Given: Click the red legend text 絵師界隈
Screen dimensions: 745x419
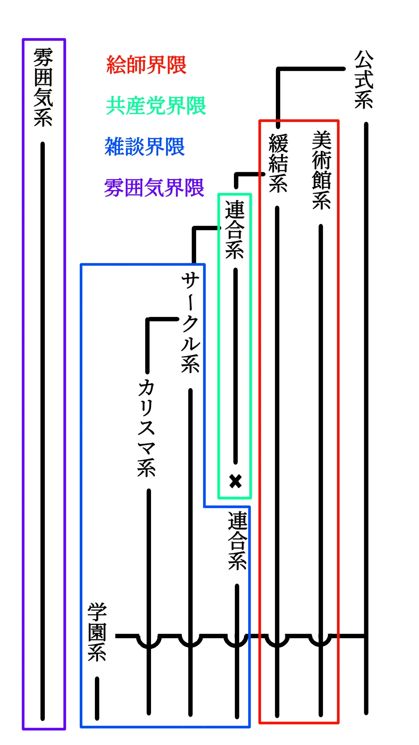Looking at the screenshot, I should [146, 65].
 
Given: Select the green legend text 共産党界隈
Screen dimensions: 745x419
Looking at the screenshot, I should [156, 106].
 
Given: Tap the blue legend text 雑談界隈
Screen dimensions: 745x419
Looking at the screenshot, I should [144, 147].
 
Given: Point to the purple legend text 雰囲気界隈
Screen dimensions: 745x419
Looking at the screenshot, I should [154, 188].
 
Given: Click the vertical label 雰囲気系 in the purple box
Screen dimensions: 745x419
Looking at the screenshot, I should [43, 87].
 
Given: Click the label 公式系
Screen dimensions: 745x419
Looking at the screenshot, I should [364, 79].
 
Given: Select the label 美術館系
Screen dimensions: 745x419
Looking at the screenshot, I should [321, 170].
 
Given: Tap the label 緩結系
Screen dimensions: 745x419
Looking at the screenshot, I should [278, 163].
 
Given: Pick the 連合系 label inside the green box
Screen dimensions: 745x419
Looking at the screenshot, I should [234, 230].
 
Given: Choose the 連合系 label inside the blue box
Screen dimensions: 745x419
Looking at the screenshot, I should [237, 541].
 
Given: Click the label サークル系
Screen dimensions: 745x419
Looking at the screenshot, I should [190, 323].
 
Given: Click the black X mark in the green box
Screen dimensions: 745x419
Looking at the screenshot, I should [236, 481].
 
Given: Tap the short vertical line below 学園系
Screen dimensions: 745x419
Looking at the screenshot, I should [97, 698].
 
